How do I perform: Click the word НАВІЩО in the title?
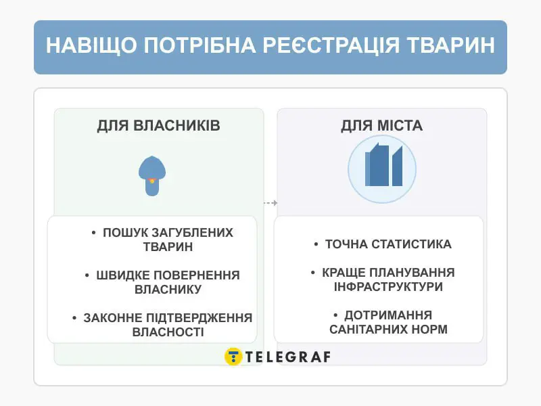point(92,45)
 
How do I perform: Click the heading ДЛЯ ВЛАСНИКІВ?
point(158,126)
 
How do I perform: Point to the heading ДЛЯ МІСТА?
point(381,126)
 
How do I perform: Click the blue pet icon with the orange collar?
point(152,176)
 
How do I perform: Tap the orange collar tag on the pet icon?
point(152,181)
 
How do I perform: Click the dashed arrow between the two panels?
point(270,203)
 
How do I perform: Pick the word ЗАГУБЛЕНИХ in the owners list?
point(193,233)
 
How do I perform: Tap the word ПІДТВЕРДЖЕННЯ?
point(200,318)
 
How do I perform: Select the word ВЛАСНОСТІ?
point(168,332)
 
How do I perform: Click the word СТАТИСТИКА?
point(412,244)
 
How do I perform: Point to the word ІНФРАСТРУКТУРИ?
point(388,287)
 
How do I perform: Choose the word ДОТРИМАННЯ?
point(388,315)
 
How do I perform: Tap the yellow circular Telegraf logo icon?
point(233,357)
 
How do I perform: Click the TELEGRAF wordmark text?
point(288,357)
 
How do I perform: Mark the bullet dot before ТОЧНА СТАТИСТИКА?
point(316,244)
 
